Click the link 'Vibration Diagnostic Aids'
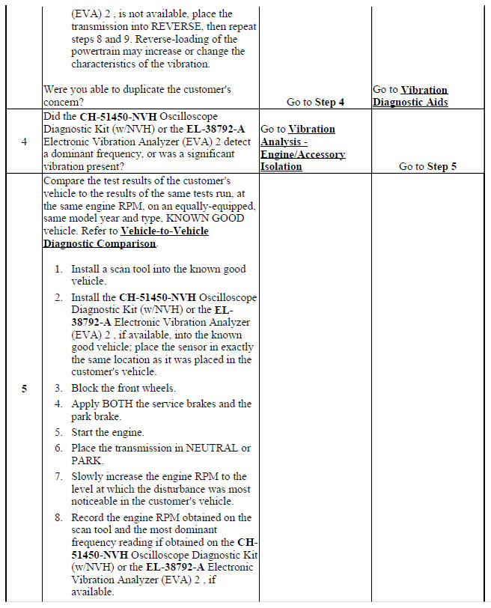tap(410, 96)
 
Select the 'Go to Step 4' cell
tap(315, 102)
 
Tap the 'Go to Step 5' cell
tap(427, 166)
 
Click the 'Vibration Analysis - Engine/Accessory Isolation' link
tap(302, 148)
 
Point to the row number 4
tap(25, 142)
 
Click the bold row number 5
tap(25, 388)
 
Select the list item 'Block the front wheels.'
tap(123, 388)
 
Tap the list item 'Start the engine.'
tap(107, 432)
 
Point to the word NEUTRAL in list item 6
tap(206, 448)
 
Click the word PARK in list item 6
tap(88, 460)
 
